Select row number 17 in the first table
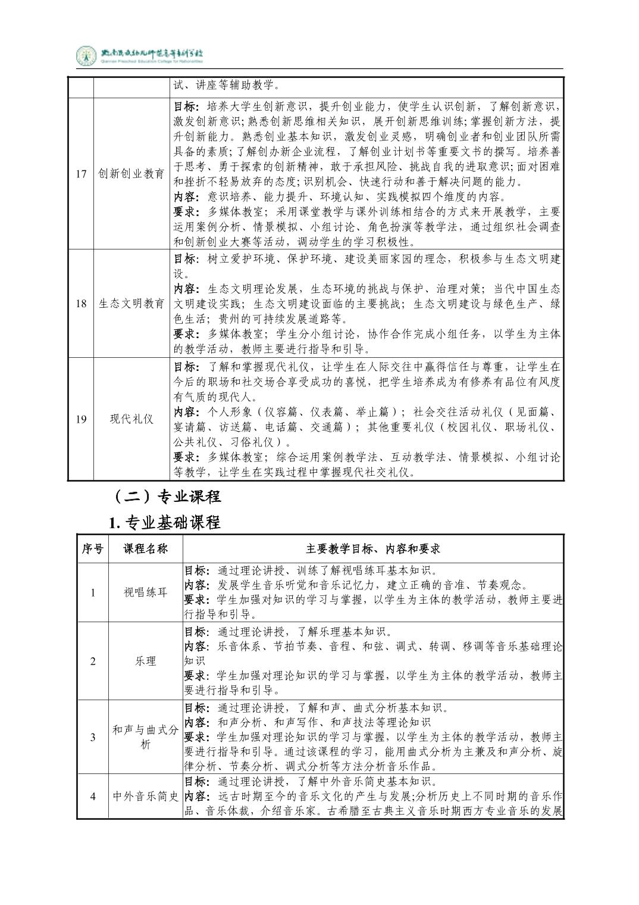point(81,174)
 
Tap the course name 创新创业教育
point(131,174)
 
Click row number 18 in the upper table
point(81,304)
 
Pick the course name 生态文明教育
point(131,304)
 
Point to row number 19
point(81,419)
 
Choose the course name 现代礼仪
point(131,419)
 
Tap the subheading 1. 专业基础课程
point(165,522)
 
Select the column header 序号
point(92,549)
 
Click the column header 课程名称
point(145,549)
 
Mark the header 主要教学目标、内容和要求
point(373,549)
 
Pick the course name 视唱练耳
point(145,592)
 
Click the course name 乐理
point(145,661)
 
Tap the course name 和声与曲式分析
point(145,737)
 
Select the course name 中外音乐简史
point(145,796)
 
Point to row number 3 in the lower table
point(92,737)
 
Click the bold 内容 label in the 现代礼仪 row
point(186,412)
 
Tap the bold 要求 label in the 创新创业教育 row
point(186,211)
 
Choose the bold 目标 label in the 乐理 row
point(196,631)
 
